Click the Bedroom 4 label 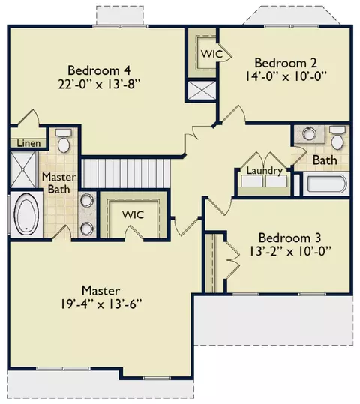pyautogui.click(x=99, y=70)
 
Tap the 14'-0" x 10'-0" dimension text pyautogui.click(x=286, y=76)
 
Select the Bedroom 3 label pyautogui.click(x=289, y=238)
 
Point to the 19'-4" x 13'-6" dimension pyautogui.click(x=101, y=304)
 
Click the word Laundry pyautogui.click(x=264, y=171)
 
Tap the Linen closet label pyautogui.click(x=28, y=143)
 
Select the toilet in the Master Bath pyautogui.click(x=64, y=141)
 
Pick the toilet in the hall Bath pyautogui.click(x=337, y=138)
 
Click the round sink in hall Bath pyautogui.click(x=310, y=133)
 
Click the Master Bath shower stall pyautogui.click(x=23, y=169)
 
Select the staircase pyautogui.click(x=126, y=173)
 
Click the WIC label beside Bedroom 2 pyautogui.click(x=212, y=54)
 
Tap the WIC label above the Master pyautogui.click(x=133, y=214)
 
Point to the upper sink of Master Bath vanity pyautogui.click(x=87, y=200)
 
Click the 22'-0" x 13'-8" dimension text pyautogui.click(x=99, y=84)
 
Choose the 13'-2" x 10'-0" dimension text pyautogui.click(x=289, y=251)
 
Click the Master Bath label pyautogui.click(x=59, y=183)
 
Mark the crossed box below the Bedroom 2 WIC pyautogui.click(x=202, y=91)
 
